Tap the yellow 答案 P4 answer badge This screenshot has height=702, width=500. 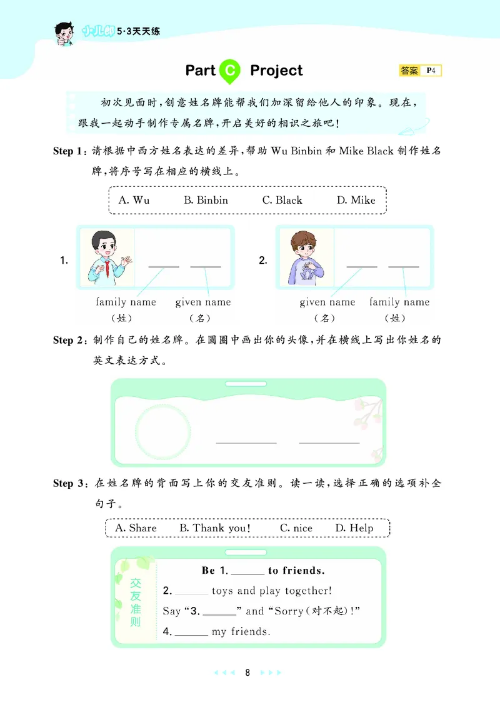click(x=420, y=71)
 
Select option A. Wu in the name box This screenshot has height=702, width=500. click(x=134, y=200)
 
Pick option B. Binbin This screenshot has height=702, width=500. click(x=206, y=200)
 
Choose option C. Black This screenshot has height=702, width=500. click(x=282, y=200)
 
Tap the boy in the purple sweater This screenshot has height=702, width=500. click(x=306, y=258)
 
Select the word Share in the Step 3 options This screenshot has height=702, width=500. click(x=142, y=528)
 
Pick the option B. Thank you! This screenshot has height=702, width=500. click(x=215, y=528)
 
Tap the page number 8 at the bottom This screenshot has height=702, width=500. click(x=247, y=673)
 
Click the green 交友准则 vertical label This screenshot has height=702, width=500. click(x=136, y=603)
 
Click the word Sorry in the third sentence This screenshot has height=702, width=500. click(x=289, y=611)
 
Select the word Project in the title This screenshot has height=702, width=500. click(x=276, y=71)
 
